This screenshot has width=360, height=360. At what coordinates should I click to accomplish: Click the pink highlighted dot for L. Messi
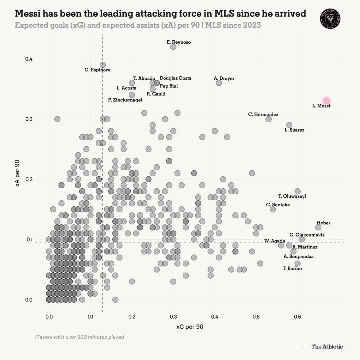327,101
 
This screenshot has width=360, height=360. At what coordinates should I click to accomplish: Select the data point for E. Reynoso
173,47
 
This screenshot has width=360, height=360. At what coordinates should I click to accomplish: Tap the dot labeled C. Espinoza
103,65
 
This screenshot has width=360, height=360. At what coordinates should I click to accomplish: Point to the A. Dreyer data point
219,83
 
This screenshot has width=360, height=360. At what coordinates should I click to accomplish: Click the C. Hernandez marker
269,119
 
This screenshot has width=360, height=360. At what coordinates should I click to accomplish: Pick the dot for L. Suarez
289,125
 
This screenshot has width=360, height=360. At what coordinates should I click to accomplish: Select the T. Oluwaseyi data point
298,191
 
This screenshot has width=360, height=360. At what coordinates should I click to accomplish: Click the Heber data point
318,227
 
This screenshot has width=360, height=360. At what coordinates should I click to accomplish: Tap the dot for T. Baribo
298,263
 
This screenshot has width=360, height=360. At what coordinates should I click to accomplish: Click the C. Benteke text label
278,205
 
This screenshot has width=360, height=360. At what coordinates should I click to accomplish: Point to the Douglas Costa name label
175,78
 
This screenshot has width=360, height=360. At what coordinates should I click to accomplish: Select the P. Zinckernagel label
125,100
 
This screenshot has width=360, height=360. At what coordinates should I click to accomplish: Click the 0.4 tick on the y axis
29,59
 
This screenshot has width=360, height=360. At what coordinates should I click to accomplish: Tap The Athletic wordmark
327,346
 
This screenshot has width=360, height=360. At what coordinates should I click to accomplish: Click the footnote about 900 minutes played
79,337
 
